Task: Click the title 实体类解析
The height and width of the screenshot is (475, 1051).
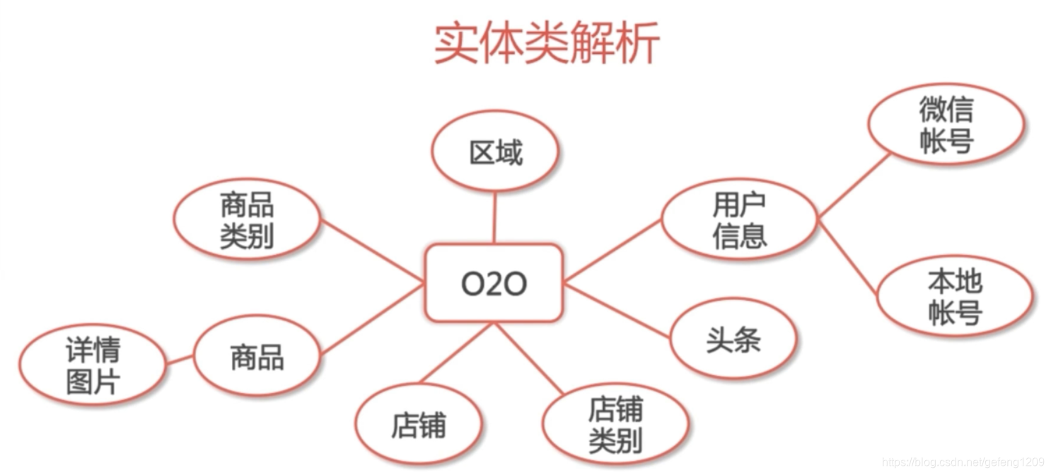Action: pos(546,43)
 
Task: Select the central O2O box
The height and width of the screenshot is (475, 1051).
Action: pos(494,283)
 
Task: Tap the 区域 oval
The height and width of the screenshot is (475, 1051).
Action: pos(495,151)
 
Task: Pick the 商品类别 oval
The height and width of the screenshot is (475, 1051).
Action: pos(246,222)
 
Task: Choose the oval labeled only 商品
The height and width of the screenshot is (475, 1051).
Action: pos(257,356)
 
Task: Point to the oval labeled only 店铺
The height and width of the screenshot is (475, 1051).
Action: pos(419,425)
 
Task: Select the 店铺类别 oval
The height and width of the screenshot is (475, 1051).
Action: pos(615,425)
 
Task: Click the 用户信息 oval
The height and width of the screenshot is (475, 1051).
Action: pos(739,221)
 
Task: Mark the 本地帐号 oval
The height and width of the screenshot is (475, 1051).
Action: pos(955,297)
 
